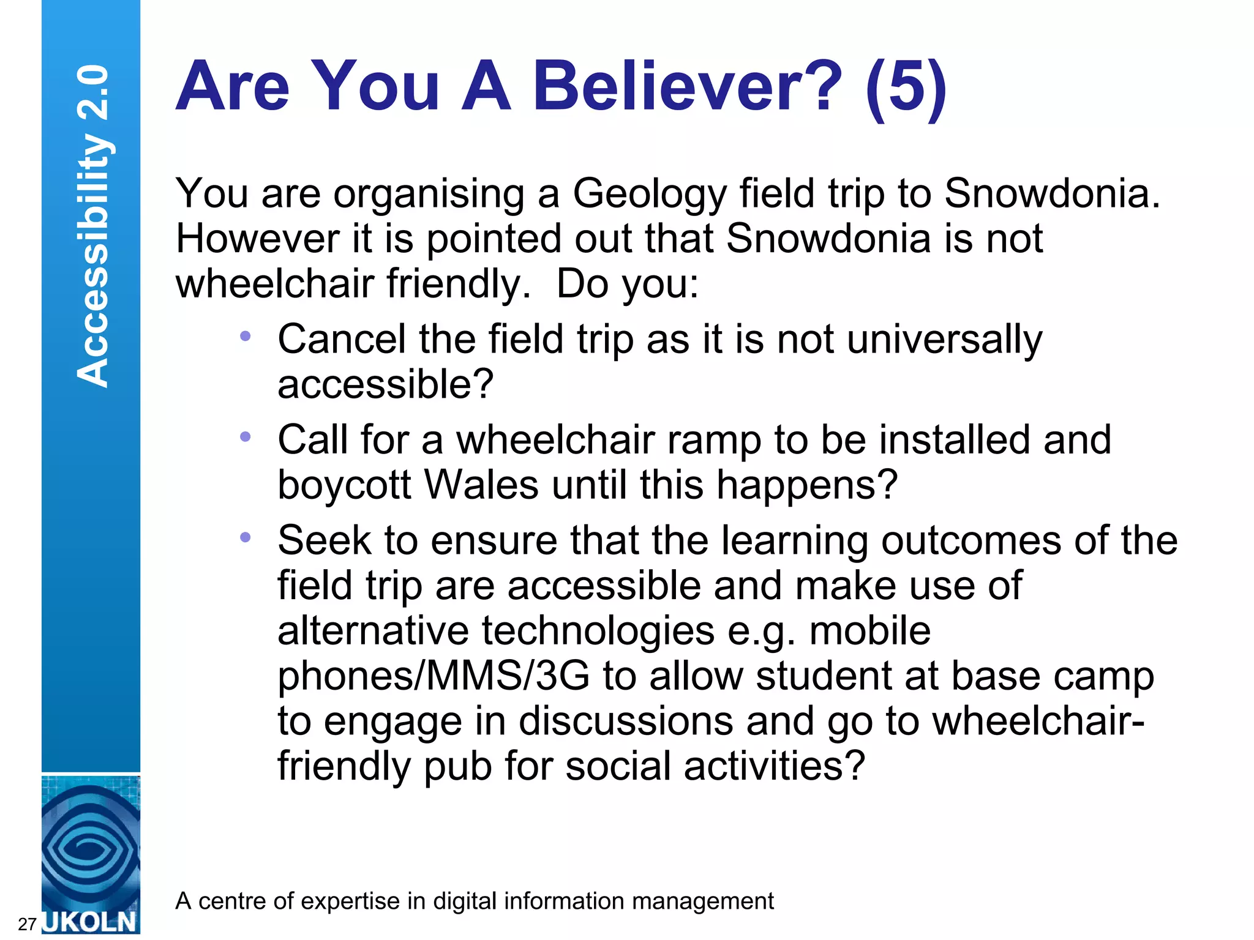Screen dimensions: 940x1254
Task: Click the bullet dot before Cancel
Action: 246,336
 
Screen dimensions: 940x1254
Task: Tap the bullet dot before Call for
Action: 246,437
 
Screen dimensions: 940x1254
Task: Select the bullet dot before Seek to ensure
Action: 246,537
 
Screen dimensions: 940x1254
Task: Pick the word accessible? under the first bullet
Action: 385,385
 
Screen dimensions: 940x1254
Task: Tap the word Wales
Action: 481,485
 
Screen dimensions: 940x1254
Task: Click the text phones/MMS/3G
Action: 434,676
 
